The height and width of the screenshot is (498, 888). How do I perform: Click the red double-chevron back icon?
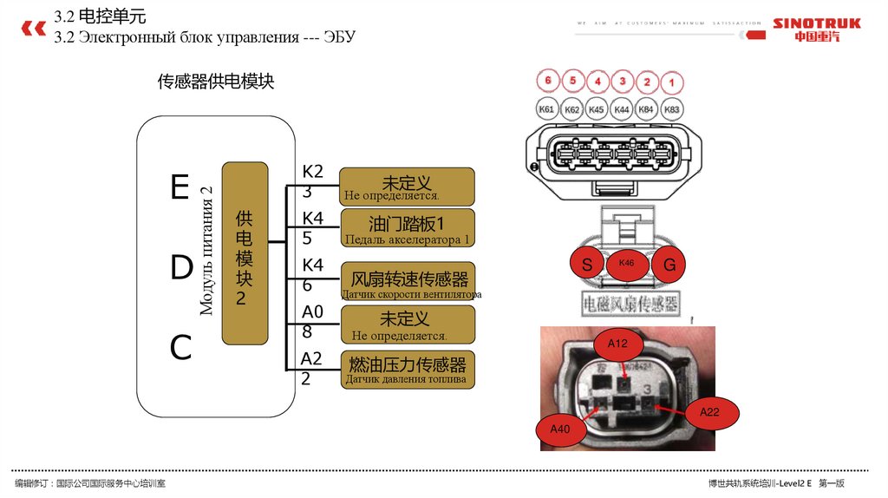point(33,28)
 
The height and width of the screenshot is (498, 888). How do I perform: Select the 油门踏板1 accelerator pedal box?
point(407,228)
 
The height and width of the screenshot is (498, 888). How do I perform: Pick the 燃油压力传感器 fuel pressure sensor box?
point(407,370)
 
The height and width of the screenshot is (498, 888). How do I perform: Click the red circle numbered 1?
point(670,83)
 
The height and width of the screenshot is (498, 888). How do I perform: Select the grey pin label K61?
point(547,109)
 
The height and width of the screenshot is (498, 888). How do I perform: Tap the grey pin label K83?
point(671,110)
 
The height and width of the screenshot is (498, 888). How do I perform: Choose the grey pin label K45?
point(597,110)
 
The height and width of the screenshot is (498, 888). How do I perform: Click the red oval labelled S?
point(587,264)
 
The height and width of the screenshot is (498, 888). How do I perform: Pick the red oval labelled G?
point(669,264)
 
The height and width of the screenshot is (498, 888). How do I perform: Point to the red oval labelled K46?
point(627,264)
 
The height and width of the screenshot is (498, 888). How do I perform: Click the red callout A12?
point(617,344)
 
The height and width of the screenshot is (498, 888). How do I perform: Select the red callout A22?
point(710,413)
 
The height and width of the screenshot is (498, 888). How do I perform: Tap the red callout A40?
point(559,428)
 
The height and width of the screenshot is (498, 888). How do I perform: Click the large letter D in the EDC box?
point(181,269)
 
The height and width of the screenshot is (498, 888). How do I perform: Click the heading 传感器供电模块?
point(215,82)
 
